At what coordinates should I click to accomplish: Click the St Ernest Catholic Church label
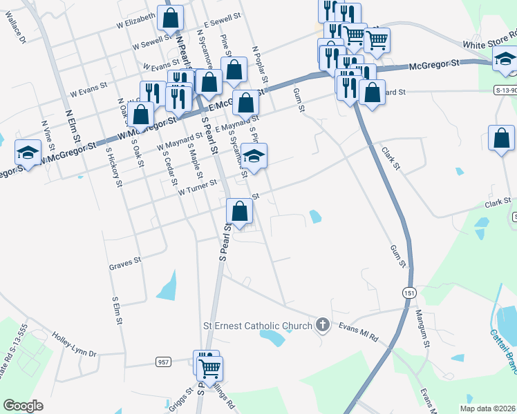(x=257, y=324)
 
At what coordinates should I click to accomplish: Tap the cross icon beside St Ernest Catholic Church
(x=321, y=324)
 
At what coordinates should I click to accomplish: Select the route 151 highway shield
(x=410, y=292)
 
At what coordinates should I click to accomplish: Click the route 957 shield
(x=163, y=362)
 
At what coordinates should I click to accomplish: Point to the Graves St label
(x=125, y=262)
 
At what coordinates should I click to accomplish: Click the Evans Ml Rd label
(x=358, y=332)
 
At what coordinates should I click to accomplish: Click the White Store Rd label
(x=489, y=39)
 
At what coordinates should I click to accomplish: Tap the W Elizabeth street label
(x=135, y=19)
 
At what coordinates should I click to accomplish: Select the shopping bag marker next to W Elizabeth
(x=171, y=18)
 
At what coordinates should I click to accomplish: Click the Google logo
(x=23, y=406)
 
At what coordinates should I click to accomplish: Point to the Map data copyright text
(x=488, y=408)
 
